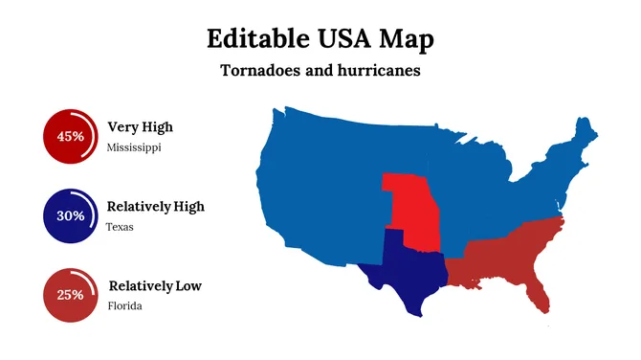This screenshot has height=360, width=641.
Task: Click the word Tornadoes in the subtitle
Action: [263, 71]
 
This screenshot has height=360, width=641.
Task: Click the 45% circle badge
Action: [70, 136]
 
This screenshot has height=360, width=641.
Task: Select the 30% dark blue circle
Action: [70, 215]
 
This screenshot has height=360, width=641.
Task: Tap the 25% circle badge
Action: [70, 295]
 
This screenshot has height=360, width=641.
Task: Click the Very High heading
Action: [140, 126]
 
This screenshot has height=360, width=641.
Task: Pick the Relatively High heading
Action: [155, 206]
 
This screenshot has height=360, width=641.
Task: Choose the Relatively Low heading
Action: [154, 285]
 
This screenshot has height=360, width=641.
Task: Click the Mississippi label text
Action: [134, 148]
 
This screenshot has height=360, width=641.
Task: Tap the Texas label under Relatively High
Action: [120, 228]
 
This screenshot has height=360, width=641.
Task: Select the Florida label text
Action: [124, 306]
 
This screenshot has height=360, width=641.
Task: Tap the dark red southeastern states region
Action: [507, 254]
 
